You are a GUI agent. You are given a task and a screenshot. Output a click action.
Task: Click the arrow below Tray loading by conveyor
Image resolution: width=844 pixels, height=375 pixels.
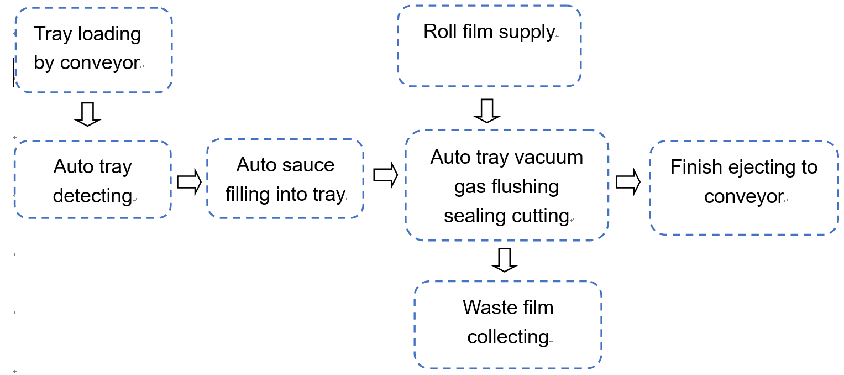point(87,114)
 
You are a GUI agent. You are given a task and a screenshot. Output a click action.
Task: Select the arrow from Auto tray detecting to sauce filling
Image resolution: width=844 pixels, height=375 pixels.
point(188,183)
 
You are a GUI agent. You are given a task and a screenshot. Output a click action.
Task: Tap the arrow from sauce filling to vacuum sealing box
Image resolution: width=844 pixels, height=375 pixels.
point(385,175)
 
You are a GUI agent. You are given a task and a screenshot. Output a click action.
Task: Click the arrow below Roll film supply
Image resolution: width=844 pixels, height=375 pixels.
point(486,111)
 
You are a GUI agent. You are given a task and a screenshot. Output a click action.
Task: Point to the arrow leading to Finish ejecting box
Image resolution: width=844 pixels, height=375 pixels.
point(628,181)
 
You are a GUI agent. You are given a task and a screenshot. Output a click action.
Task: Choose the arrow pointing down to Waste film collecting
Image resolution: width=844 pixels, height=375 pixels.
point(504,260)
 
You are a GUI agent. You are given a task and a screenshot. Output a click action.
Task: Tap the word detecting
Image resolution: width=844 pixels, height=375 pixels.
point(92,196)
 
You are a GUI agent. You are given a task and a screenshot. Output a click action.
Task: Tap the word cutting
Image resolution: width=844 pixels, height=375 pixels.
point(540,216)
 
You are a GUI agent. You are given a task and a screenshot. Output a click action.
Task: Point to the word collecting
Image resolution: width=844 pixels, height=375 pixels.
point(507,337)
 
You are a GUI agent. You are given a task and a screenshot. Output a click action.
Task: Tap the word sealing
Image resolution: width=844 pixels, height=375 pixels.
point(475,216)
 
